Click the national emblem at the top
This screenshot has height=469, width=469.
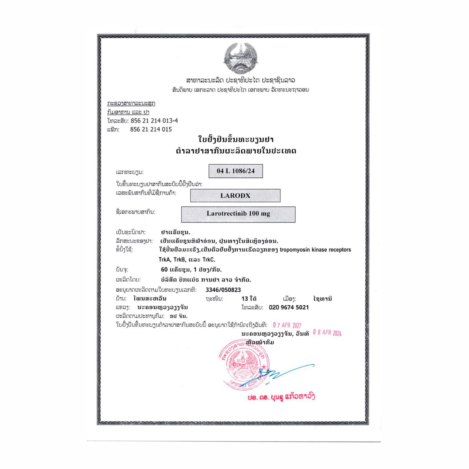[x=240, y=58]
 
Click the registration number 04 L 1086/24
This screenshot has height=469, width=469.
[x=236, y=171]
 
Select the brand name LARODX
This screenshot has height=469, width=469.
[x=235, y=196]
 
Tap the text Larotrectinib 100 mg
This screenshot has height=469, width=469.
[x=238, y=214]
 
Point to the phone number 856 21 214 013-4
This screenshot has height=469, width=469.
[x=154, y=121]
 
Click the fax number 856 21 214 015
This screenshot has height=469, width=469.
[x=151, y=129]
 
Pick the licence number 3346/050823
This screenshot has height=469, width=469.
[x=223, y=290]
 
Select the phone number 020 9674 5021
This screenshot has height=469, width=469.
[x=289, y=307]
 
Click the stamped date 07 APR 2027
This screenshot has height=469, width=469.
[x=287, y=325]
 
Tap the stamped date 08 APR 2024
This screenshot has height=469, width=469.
[x=327, y=333]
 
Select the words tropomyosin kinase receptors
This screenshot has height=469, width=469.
[x=315, y=250]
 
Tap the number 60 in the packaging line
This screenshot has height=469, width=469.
[x=164, y=269]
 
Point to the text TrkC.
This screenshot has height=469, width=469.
[x=209, y=260]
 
